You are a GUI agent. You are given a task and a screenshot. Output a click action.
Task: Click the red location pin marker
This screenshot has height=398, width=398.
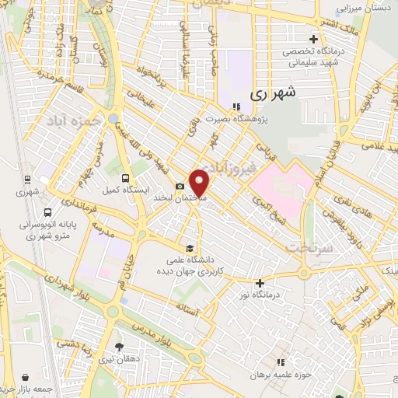click(x=201, y=183)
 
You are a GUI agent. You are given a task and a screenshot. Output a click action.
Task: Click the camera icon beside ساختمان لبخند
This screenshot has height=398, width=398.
click(x=180, y=186)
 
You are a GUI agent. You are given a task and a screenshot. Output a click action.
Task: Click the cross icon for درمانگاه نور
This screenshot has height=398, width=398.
click(x=260, y=283)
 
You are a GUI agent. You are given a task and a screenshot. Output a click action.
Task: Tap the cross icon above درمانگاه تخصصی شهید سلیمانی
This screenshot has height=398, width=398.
click(x=313, y=38)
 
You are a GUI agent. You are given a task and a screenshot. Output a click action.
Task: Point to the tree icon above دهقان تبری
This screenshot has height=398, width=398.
click(x=119, y=347)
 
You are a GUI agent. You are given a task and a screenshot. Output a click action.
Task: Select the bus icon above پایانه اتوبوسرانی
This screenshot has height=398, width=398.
click(x=47, y=211)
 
